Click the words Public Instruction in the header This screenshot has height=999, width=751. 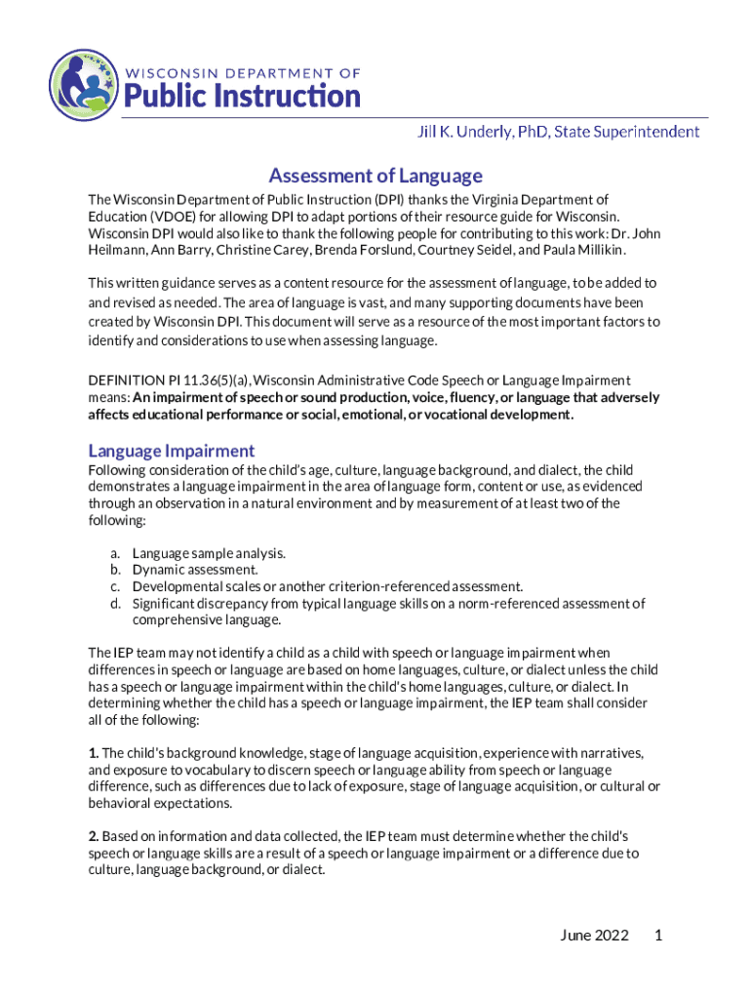[x=241, y=97]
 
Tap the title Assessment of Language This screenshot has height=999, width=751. [x=375, y=176]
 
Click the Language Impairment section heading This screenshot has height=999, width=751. [x=171, y=451]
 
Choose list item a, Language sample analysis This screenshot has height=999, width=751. [x=209, y=553]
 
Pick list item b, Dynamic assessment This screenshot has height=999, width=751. [x=195, y=570]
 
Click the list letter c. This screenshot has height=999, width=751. [x=114, y=586]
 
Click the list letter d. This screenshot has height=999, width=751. [x=114, y=603]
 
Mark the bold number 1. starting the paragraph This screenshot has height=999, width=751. [x=94, y=753]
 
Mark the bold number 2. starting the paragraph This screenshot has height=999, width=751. [x=94, y=837]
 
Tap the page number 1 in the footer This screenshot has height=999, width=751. [x=659, y=937]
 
